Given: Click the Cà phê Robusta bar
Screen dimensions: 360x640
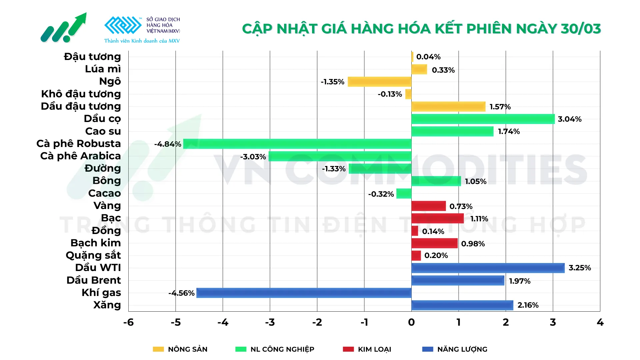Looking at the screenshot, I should coord(297,144).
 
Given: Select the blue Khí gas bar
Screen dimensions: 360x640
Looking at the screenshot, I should coord(304,293).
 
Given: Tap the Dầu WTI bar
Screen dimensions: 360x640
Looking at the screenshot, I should coord(488,268).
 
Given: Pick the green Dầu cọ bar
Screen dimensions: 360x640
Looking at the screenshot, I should coord(483,119).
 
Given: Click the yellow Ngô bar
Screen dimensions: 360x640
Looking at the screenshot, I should coord(379,82).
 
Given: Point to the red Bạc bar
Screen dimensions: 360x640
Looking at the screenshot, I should coord(437,219).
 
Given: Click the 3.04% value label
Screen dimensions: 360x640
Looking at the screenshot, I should coord(570,119).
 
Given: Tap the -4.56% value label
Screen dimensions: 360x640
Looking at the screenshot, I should coord(181,293).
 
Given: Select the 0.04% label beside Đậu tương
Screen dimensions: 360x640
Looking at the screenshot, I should coord(428,57).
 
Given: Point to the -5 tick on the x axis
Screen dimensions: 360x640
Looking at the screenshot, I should coord(176,322).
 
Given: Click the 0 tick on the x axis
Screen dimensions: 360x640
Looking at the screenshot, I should coord(411,322).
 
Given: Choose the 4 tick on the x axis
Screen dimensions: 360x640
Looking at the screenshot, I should coord(600,322).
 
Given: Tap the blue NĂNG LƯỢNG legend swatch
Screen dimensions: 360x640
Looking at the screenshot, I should coord(428,349).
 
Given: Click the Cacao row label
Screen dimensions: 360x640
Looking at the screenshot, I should coord(104,193).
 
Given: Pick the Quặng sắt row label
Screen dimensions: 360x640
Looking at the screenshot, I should coord(93,255).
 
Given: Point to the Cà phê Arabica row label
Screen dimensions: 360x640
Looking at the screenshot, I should coord(80,156).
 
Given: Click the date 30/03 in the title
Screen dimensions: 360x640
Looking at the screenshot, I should coord(581,29).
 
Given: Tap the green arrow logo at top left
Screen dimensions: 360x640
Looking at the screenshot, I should coord(64,28).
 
